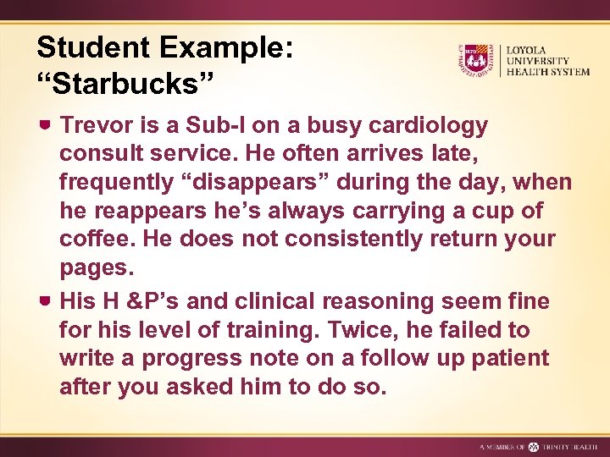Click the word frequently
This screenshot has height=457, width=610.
tap(118, 183)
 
